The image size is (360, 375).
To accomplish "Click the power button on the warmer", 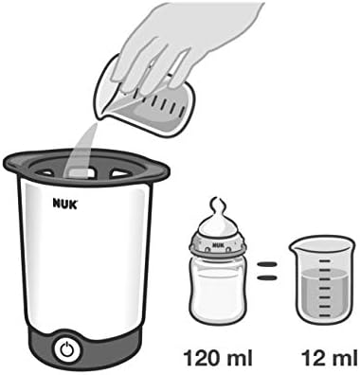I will point(66,348).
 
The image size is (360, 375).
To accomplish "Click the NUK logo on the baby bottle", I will point(219,243).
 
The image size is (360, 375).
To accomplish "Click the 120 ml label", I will point(217,358).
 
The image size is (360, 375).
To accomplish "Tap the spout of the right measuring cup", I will point(292,245).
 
